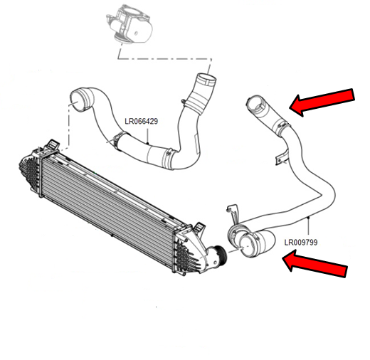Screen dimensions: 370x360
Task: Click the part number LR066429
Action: tap(141, 121)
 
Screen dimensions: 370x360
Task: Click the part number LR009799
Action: tap(301, 243)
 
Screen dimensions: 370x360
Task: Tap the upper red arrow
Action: tap(322, 102)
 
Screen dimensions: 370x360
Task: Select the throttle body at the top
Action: tap(129, 24)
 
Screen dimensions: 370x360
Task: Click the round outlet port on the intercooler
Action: tap(218, 253)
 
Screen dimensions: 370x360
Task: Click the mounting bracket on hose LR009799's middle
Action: tap(282, 157)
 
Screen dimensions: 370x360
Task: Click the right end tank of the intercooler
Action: tap(187, 251)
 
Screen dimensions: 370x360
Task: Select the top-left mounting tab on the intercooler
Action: tap(53, 144)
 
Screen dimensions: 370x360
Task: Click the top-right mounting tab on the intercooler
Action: tap(199, 227)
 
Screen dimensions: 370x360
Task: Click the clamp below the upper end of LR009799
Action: tap(282, 127)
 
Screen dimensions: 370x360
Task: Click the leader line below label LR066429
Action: tap(147, 136)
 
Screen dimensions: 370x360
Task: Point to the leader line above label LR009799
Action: tap(308, 226)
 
